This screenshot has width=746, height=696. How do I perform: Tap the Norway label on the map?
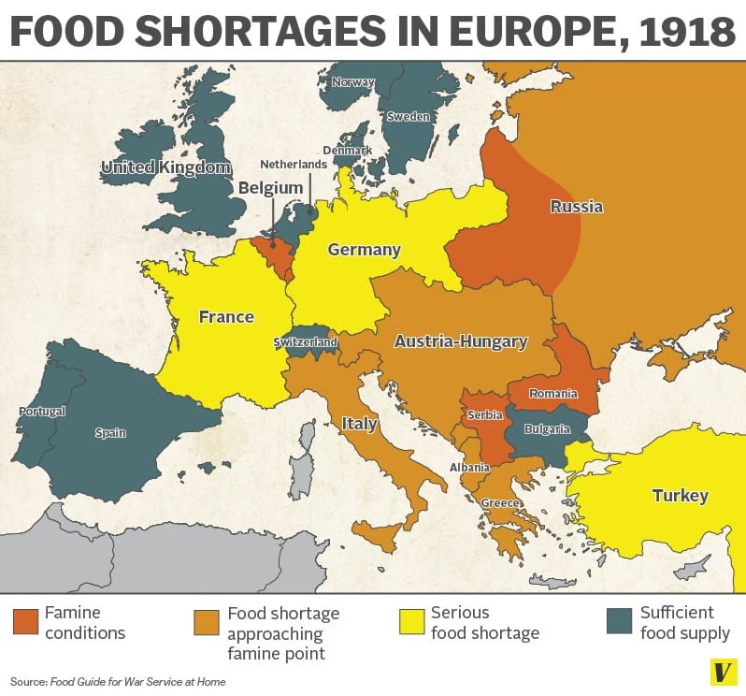click(353, 82)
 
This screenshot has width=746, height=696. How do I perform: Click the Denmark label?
click(347, 150)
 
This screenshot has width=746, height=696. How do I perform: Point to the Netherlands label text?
click(294, 164)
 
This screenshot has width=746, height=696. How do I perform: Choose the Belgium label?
click(270, 188)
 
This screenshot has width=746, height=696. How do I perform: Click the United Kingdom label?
click(165, 167)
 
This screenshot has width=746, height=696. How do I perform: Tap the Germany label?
click(364, 250)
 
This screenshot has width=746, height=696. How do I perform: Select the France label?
click(226, 317)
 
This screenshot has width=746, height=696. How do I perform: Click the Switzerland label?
click(305, 342)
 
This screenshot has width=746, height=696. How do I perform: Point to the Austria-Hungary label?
click(460, 341)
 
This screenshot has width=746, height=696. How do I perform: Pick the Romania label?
click(553, 393)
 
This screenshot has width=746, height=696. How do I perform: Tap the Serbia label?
click(485, 414)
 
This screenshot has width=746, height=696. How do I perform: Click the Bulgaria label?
click(548, 429)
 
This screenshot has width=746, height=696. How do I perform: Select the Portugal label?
click(42, 412)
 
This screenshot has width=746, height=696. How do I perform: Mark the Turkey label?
click(680, 495)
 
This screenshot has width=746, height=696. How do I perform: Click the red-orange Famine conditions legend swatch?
click(26, 621)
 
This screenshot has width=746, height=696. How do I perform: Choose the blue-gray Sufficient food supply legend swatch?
click(619, 621)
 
